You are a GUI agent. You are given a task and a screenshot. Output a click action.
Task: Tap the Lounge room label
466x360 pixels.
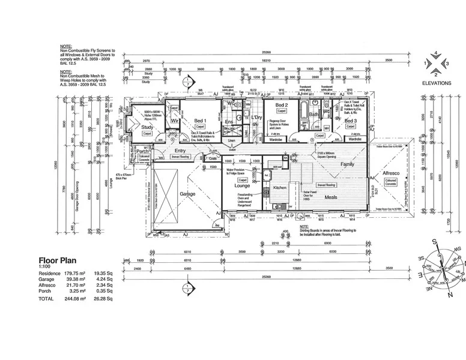(243, 186)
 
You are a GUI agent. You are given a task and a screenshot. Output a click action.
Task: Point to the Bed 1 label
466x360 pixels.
(199, 121)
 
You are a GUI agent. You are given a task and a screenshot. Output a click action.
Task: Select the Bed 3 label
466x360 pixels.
(351, 121)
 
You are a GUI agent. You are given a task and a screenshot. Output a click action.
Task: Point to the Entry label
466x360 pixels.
(180, 151)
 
